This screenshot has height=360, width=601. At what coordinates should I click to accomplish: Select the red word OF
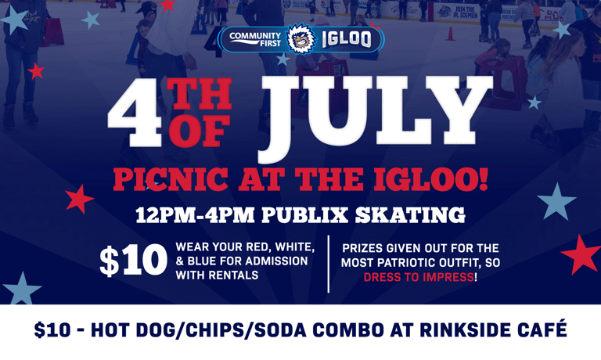click(199, 131)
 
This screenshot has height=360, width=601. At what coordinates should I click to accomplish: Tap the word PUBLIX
click(310, 214)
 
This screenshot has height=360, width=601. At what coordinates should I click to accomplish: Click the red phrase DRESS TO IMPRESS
click(418, 278)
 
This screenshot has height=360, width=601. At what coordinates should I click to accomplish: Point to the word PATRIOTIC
click(407, 263)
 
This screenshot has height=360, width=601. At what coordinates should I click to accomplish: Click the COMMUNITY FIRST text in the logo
click(254, 38)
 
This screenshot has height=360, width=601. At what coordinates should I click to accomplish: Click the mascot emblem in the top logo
click(300, 38)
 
